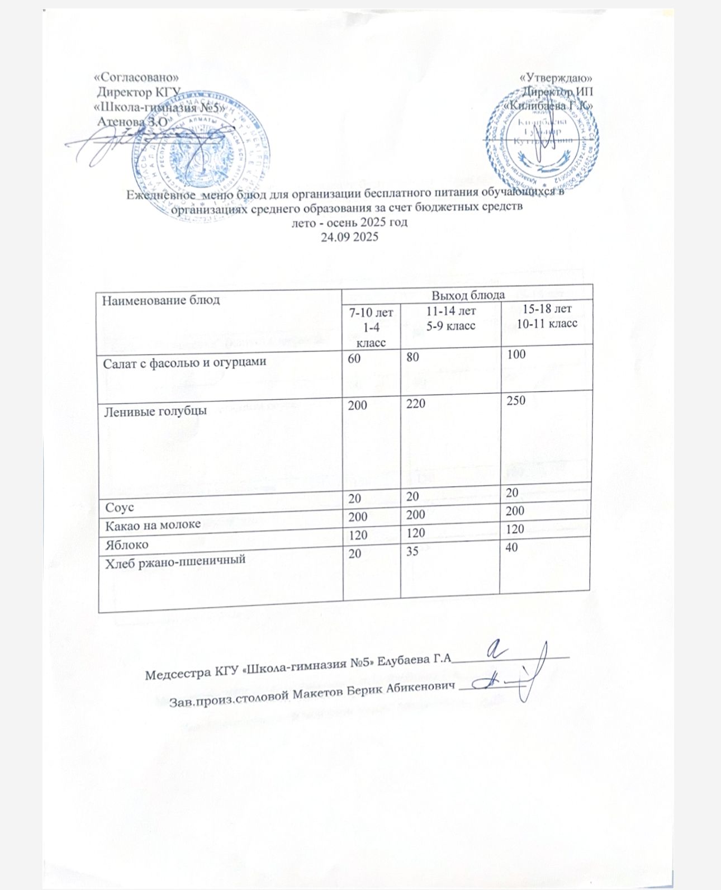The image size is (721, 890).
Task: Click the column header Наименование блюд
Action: (161, 300)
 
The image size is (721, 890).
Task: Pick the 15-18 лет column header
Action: (547, 308)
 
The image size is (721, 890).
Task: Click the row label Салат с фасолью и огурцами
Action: (184, 362)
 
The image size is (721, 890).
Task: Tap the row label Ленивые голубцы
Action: (155, 410)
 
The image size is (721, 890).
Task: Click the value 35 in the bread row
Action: (414, 551)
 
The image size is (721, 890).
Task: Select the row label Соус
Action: (117, 508)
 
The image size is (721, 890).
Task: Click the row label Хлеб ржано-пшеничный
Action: (175, 559)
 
